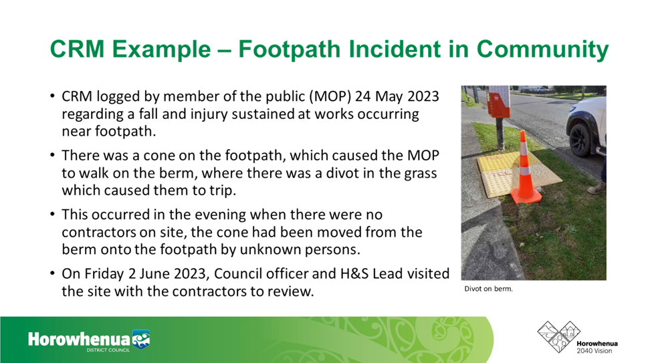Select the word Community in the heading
[542, 49]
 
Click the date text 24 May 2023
[397, 96]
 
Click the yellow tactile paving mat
[519, 173]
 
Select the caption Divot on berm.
[488, 289]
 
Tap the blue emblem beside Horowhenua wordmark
[140, 339]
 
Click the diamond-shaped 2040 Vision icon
[558, 337]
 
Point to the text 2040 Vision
[594, 351]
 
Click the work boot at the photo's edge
[597, 189]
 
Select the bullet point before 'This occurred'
[52, 215]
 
